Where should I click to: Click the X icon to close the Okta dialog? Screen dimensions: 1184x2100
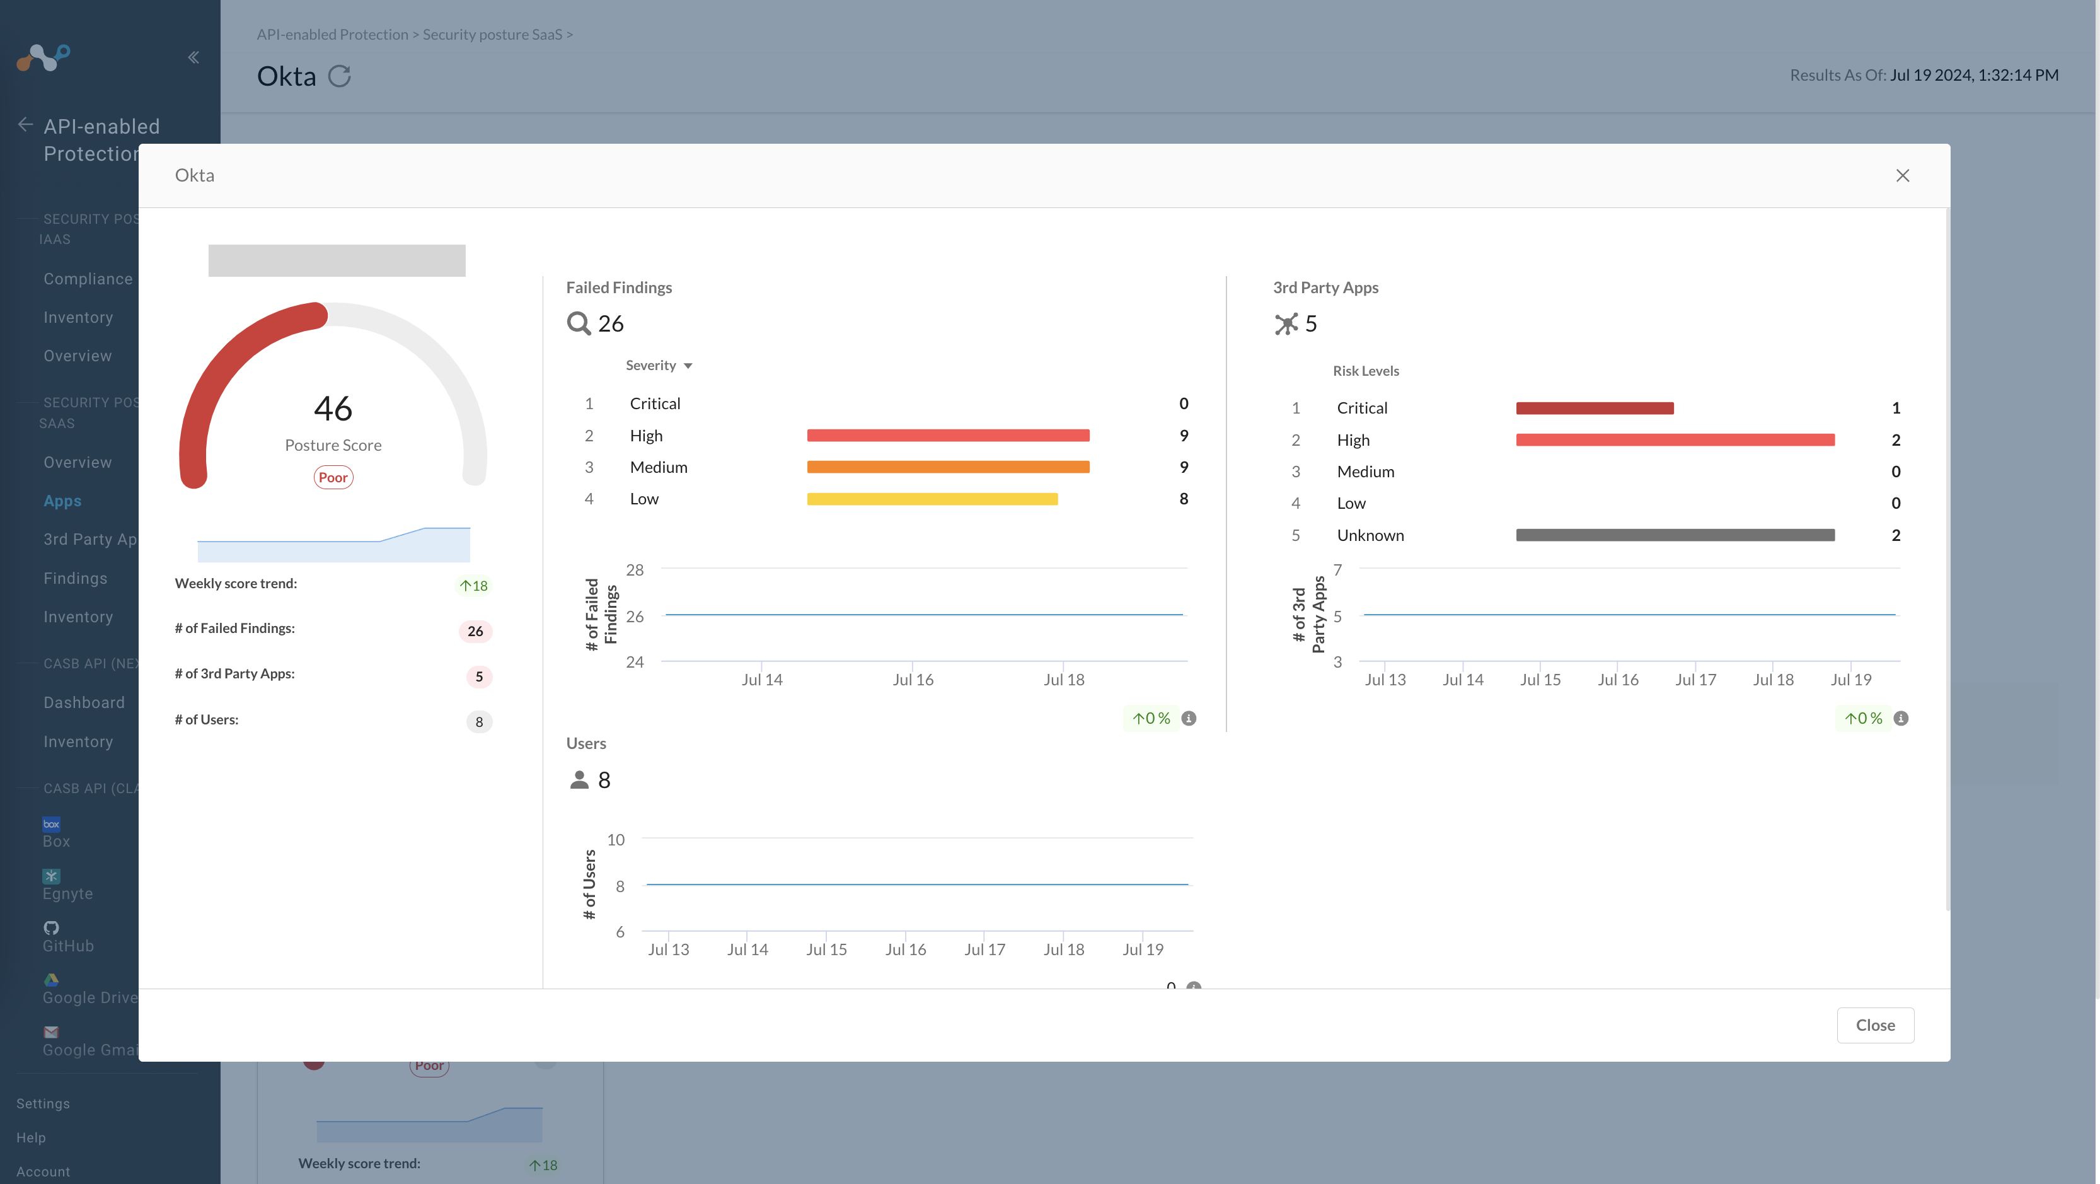[1902, 176]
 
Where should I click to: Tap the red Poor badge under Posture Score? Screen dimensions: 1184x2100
[333, 478]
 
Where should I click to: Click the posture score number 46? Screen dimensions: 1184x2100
[333, 409]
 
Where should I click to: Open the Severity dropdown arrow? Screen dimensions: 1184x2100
[688, 366]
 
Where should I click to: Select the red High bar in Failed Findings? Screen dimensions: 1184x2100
[947, 436]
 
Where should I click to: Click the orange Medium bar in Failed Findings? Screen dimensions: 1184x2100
[947, 467]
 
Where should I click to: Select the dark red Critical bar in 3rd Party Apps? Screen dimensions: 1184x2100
[1594, 409]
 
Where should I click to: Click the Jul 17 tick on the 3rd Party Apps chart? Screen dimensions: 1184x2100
[1695, 679]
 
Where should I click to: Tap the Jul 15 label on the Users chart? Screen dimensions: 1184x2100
[826, 949]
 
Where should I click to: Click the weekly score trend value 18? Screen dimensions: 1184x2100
[474, 586]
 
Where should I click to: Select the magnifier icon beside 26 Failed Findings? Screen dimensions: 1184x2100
[578, 323]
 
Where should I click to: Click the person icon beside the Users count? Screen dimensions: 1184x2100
[579, 781]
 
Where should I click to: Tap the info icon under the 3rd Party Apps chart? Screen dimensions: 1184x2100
[1900, 718]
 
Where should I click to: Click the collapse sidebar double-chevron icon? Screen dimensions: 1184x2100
[193, 57]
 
